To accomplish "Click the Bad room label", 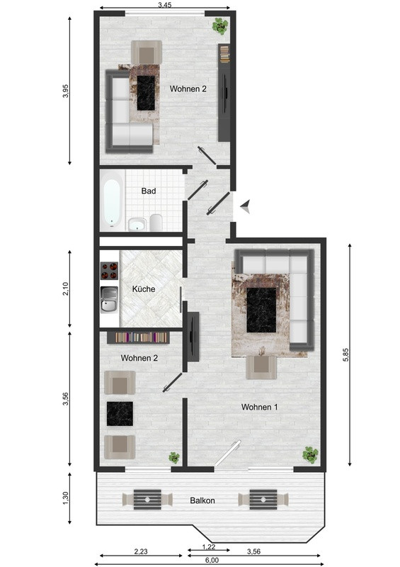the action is click(x=149, y=191).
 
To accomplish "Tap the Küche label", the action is click(x=144, y=289).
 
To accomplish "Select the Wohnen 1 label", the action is click(x=259, y=407).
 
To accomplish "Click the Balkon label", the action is click(x=202, y=500).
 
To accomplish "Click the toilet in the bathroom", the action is click(x=156, y=222).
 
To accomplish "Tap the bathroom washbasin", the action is click(x=137, y=224).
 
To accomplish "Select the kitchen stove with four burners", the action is click(x=109, y=271).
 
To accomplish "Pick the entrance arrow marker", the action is click(x=246, y=206).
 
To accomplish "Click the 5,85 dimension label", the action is click(x=345, y=355).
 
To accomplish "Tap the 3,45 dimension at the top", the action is click(x=164, y=5).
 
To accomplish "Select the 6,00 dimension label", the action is click(x=212, y=560).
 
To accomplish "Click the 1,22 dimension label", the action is click(x=209, y=547).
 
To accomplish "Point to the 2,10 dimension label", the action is click(x=65, y=289).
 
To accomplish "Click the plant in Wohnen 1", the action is click(x=310, y=454).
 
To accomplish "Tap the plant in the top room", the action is click(x=220, y=26).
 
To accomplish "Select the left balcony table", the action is click(x=147, y=500).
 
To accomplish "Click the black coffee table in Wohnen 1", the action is click(x=261, y=310).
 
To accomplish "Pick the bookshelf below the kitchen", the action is click(x=138, y=337).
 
